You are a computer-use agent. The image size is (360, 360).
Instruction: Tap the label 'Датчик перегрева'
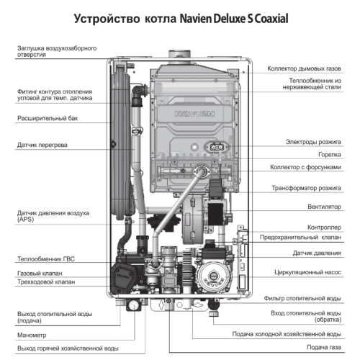click(42, 145)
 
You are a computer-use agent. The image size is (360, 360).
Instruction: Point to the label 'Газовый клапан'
click(39, 274)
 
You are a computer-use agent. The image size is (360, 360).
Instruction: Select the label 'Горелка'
click(328, 154)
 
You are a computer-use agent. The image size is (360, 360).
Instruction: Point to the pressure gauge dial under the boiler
click(132, 305)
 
